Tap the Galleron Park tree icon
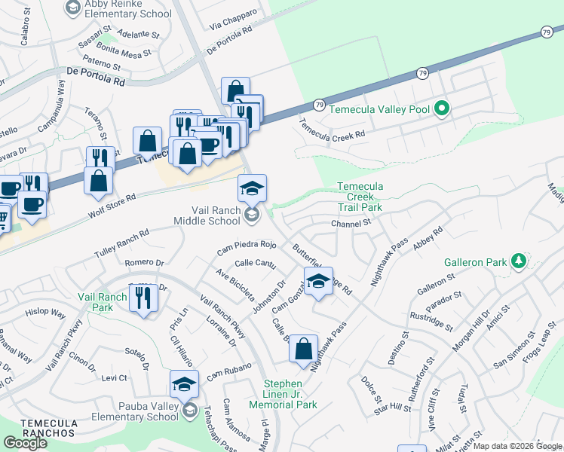pyautogui.click(x=518, y=261)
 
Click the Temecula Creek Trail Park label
pyautogui.click(x=360, y=197)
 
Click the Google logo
pyautogui.click(x=25, y=443)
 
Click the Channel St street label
pyautogui.click(x=351, y=223)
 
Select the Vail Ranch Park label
pyautogui.click(x=102, y=303)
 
